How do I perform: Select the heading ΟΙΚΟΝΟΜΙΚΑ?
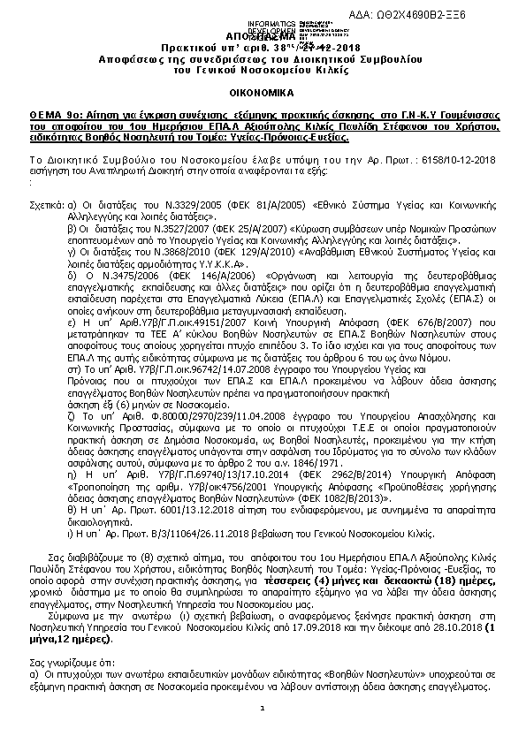click(x=263, y=91)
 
